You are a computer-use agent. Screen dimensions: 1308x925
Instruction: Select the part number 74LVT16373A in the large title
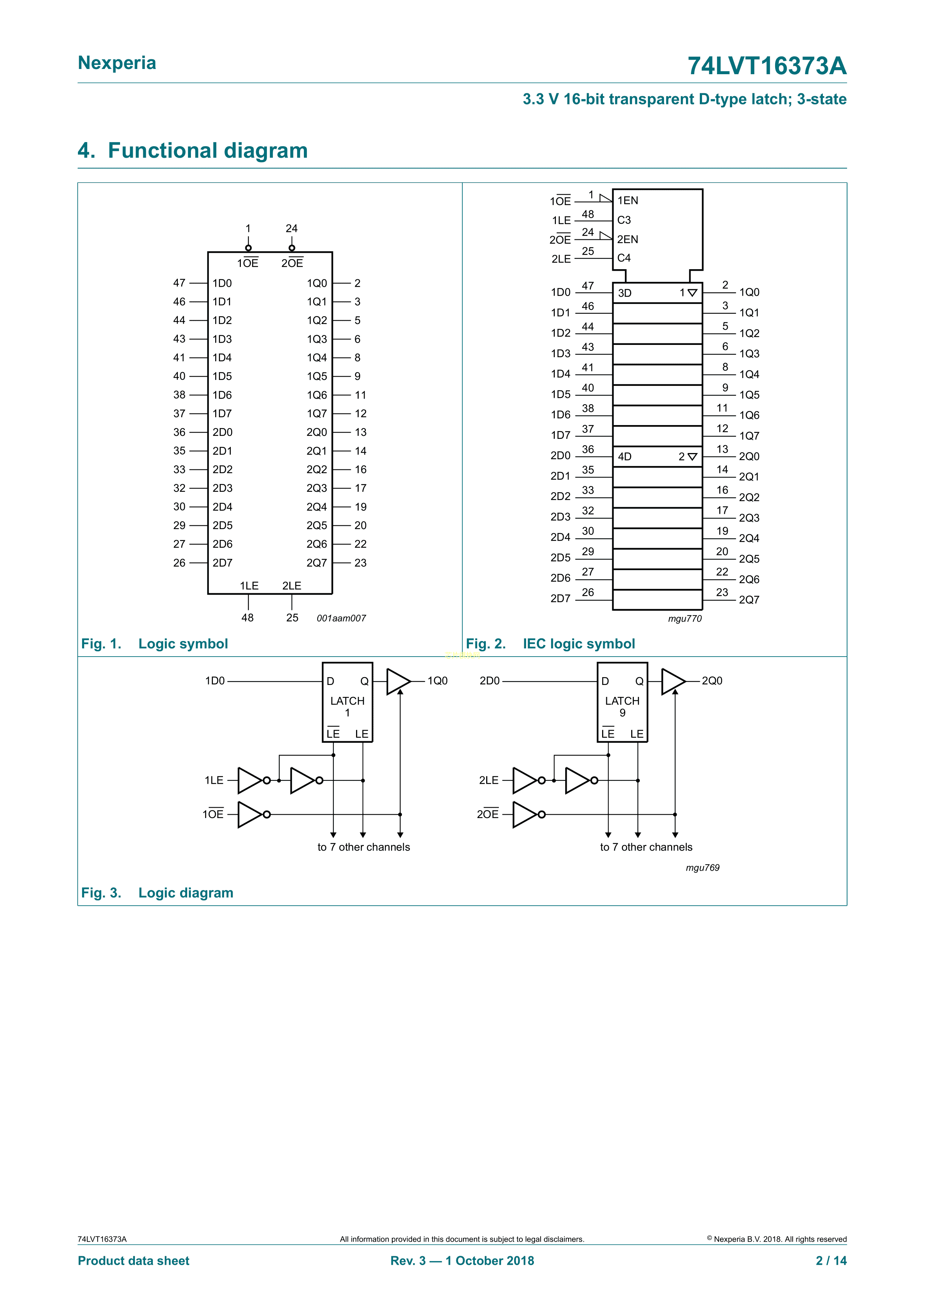[767, 66]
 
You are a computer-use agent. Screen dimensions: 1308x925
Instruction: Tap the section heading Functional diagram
[207, 150]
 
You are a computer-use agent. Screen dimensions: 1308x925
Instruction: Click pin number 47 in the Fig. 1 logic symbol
[179, 283]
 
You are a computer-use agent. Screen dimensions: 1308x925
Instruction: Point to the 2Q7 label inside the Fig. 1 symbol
[317, 563]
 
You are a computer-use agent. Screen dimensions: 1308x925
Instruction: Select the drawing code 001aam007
[341, 618]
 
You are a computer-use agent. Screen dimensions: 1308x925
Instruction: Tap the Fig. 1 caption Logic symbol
[183, 644]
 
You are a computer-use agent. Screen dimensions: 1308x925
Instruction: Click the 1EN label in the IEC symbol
[628, 201]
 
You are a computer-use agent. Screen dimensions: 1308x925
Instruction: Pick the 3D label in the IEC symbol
[625, 293]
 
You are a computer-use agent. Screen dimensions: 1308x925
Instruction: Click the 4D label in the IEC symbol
[625, 456]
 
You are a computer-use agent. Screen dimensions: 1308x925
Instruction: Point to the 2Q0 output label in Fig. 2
[749, 456]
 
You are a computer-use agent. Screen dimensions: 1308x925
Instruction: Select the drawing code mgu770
[685, 619]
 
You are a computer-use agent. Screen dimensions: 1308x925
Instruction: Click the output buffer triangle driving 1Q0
[397, 681]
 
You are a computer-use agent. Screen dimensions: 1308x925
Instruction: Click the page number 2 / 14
[831, 1261]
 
